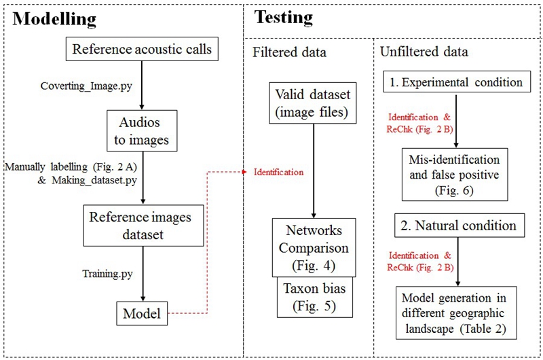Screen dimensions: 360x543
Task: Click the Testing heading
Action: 284,16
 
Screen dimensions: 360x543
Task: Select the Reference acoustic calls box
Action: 141,49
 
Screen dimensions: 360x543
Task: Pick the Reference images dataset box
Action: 141,226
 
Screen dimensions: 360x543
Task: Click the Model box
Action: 141,314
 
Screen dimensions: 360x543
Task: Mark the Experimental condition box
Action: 456,82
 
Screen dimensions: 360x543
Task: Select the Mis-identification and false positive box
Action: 454,175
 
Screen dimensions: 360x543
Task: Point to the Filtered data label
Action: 289,52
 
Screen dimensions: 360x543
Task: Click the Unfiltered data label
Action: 424,52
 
